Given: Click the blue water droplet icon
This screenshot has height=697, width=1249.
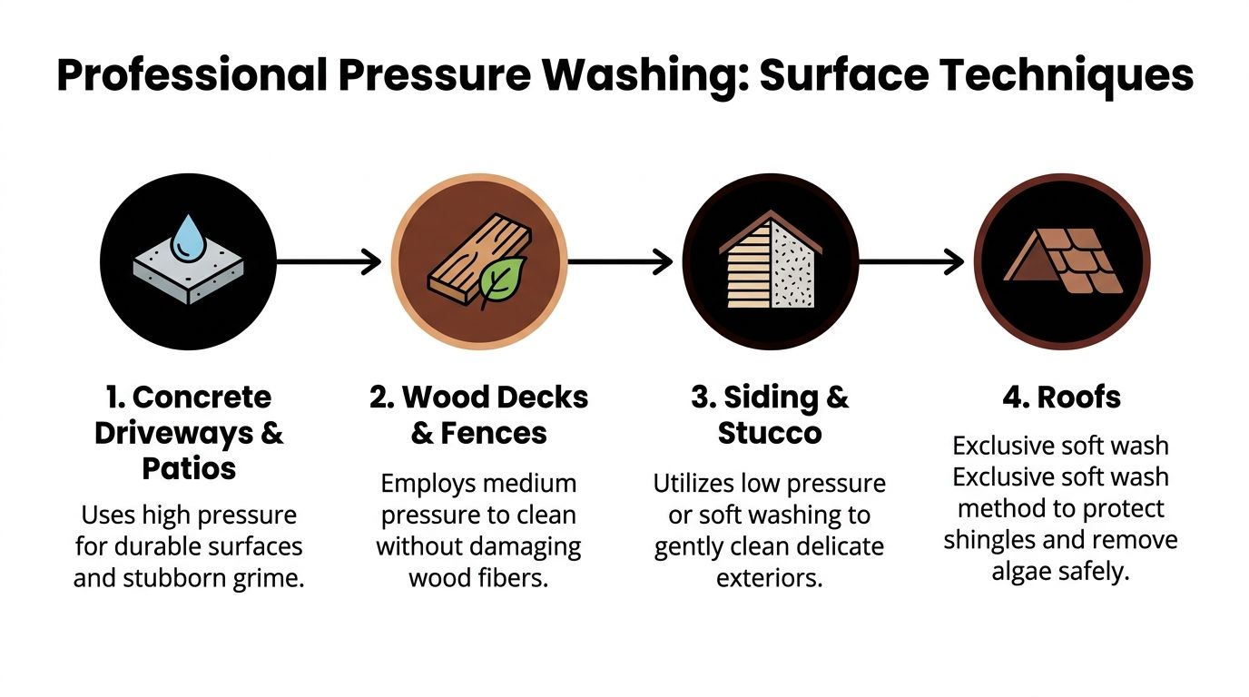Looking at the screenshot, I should (188, 238).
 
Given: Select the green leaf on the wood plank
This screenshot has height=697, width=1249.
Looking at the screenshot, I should (502, 281).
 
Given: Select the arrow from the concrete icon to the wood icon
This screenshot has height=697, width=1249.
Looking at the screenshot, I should (329, 263).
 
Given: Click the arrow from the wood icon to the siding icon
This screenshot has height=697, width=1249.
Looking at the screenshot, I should (620, 263).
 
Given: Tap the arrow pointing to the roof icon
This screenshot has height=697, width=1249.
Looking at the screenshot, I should (911, 263).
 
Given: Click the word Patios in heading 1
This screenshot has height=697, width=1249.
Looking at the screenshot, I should (189, 468).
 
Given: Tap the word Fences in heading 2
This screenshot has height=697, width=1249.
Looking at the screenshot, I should (494, 433).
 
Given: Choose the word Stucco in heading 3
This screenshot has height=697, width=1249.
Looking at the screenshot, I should (770, 433).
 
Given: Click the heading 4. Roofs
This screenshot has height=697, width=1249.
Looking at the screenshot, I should (1062, 398).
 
